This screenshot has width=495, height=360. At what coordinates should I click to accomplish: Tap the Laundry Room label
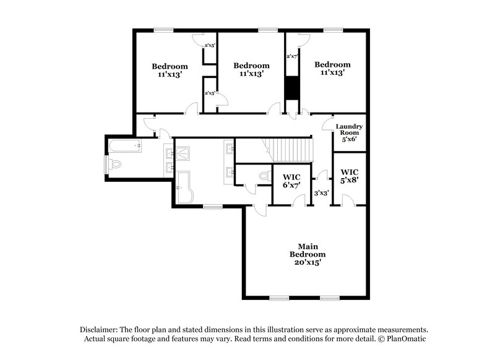(x=349, y=132)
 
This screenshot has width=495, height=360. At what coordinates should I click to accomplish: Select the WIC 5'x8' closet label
(x=350, y=176)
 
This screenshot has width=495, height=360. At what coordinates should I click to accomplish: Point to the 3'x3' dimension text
(x=321, y=193)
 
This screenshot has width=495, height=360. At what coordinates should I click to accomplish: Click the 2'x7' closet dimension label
(x=292, y=56)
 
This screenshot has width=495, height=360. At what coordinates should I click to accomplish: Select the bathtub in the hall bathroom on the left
(x=124, y=146)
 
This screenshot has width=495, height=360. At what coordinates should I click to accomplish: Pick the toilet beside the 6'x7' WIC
(x=264, y=176)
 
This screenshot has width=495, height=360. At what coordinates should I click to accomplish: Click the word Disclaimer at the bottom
(x=101, y=330)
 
